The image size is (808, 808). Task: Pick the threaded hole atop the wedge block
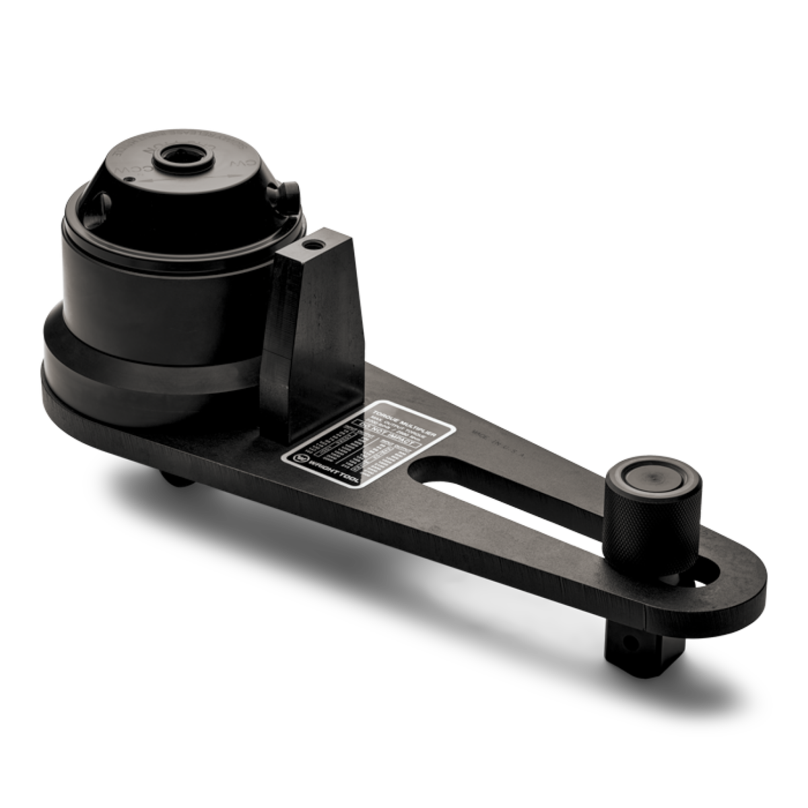click(311, 240)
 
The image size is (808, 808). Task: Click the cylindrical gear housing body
click(155, 296)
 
